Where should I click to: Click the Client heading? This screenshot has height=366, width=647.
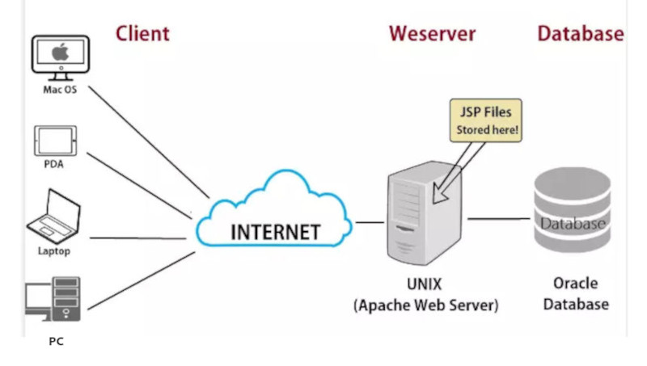142,33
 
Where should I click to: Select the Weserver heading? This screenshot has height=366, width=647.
432,33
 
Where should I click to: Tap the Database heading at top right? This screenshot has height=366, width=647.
580,33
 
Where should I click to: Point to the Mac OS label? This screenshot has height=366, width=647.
60,90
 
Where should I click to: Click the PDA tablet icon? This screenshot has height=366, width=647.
55,141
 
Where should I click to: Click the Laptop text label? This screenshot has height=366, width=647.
54,251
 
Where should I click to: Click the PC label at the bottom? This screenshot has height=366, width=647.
56,342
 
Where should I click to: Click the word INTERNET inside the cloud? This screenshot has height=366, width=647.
275,232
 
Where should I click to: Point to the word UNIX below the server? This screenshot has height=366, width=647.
425,285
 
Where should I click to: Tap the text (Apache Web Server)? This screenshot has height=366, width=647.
425,306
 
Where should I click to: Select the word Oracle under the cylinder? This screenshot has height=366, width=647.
575,284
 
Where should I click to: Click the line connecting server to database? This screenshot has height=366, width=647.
498,218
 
